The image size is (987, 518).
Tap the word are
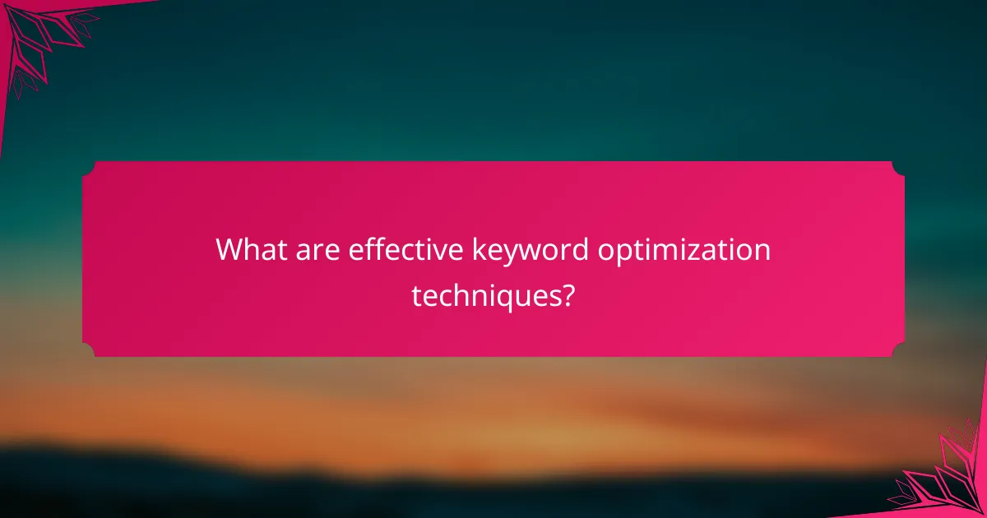coord(316,250)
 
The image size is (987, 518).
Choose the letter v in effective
coord(435,251)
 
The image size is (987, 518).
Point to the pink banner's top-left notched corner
coord(88,167)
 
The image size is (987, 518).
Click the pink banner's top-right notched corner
coord(898,167)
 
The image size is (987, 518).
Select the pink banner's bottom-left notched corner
coord(88,351)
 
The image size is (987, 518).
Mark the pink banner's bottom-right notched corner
coord(898,351)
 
